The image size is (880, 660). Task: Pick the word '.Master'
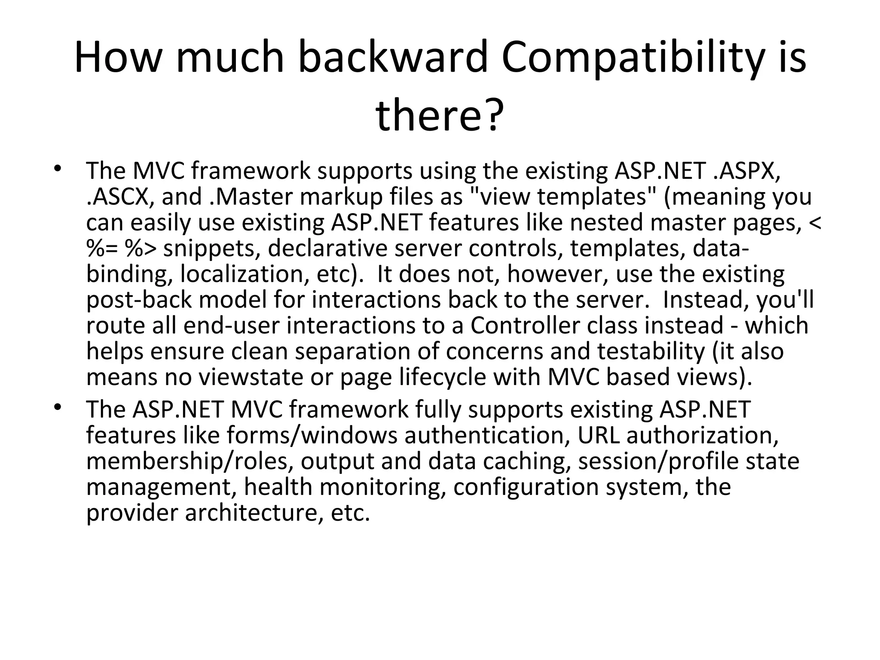tap(251, 196)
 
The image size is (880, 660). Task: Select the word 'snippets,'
tap(212, 248)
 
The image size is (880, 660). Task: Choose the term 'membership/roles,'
tap(189, 461)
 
